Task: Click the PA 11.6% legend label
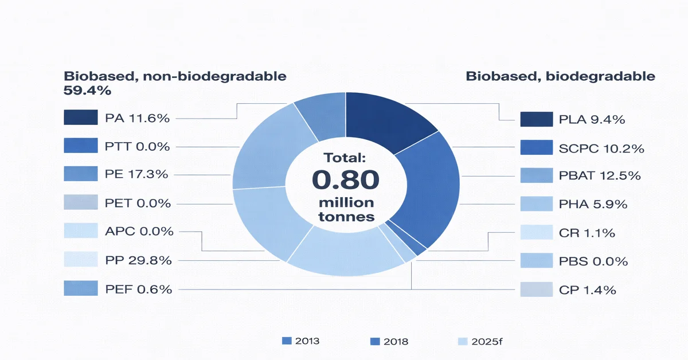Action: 137,119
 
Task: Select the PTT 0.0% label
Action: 137,147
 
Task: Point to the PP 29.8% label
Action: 138,261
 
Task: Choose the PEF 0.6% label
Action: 138,289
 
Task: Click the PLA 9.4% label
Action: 591,120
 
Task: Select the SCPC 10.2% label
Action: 601,148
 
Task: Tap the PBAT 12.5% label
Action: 599,177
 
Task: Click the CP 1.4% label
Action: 587,290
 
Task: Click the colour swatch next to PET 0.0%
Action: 80,203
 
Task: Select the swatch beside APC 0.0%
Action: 80,231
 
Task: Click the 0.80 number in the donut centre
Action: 345,180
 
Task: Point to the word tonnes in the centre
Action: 345,217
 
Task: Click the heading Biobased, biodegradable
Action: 560,76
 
